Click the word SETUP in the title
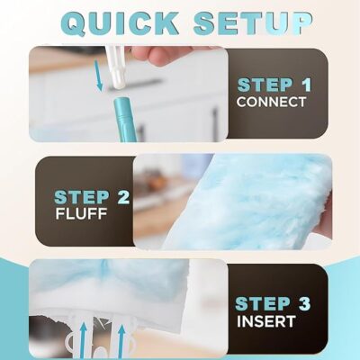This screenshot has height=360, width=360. pyautogui.click(x=253, y=22)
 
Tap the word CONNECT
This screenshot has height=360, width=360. pyautogui.click(x=271, y=102)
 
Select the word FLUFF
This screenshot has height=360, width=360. pyautogui.click(x=81, y=213)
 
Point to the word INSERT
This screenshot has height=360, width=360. pyautogui.click(x=266, y=321)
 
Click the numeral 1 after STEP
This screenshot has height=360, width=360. pyautogui.click(x=306, y=85)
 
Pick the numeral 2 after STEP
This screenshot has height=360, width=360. pyautogui.click(x=123, y=197)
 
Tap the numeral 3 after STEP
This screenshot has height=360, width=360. pyautogui.click(x=303, y=303)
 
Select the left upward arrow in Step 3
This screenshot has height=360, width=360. pyautogui.click(x=84, y=340)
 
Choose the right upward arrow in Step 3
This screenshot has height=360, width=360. pyautogui.click(x=121, y=341)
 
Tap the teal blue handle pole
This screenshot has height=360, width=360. pyautogui.click(x=126, y=120)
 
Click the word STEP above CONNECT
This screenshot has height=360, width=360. pyautogui.click(x=265, y=85)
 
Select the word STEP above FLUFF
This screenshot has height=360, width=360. pyautogui.click(x=82, y=197)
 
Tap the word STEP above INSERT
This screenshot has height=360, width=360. pyautogui.click(x=262, y=303)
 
